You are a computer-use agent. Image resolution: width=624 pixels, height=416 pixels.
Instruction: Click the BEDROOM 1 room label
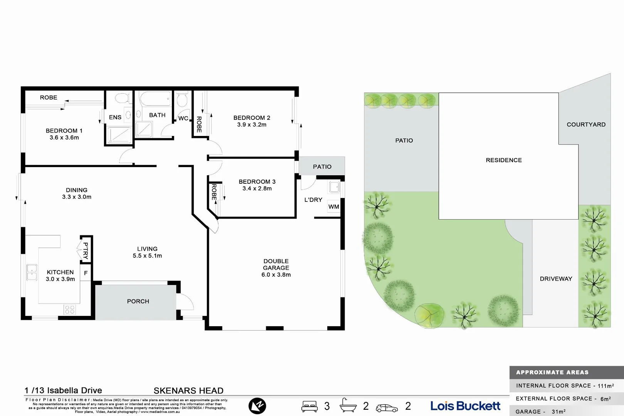coord(64,131)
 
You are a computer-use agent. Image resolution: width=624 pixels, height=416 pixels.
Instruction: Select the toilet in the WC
coord(182,100)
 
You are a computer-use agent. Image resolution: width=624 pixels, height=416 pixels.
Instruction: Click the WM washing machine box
coord(334,207)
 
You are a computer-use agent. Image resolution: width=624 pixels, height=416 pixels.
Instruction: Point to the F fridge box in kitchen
coord(86,273)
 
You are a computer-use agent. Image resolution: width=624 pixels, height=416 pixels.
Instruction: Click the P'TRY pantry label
coord(86,251)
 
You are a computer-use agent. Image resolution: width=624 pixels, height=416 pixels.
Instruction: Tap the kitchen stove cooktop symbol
coord(70,310)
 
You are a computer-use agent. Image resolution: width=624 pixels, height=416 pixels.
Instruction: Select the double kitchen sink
coord(32,272)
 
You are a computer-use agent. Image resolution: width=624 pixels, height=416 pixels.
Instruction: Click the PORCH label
coord(138,301)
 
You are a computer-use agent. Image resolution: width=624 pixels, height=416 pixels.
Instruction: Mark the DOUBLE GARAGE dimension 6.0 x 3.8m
coord(276,275)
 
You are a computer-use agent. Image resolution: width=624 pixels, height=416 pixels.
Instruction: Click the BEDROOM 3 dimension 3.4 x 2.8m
coord(257,188)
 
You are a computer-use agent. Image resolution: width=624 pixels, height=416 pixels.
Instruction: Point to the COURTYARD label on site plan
coord(586,124)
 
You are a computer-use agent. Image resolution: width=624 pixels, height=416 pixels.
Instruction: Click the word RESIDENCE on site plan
coord(504,160)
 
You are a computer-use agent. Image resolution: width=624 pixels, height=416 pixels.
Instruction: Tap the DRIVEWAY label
coord(556,279)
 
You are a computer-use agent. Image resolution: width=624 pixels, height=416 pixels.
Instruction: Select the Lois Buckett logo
coord(465,406)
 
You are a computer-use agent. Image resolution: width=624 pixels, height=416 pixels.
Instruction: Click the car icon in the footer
coord(387,408)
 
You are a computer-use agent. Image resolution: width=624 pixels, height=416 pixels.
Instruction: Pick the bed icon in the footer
coord(309,406)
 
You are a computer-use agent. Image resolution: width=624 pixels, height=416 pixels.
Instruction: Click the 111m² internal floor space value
coord(605,386)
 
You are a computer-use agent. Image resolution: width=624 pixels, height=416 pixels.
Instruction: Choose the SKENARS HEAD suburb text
coord(188,391)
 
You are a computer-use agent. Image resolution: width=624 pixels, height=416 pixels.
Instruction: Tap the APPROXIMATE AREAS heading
coord(552,372)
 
